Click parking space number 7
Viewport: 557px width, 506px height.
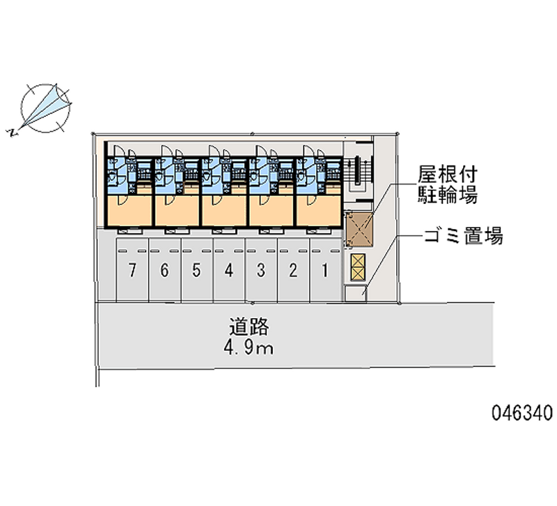132,270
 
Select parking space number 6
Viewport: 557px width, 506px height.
165,270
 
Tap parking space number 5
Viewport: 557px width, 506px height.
197,270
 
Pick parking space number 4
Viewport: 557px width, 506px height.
229,270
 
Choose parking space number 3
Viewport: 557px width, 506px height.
262,270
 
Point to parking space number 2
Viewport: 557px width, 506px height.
293,270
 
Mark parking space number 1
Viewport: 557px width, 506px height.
325,270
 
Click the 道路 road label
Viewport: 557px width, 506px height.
249,326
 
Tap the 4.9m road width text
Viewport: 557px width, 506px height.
249,349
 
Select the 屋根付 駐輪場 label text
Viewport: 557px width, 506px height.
447,184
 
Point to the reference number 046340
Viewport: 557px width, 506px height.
522,413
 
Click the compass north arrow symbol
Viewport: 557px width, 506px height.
45,108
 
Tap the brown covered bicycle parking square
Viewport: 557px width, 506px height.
359,229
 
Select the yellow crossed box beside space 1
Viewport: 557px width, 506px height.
357,267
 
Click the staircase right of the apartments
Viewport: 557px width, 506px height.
357,173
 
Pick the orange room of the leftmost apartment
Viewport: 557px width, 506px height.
130,210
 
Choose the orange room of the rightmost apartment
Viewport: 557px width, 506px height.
320,210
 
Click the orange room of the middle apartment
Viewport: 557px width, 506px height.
224,210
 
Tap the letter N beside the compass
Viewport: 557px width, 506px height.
11,133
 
